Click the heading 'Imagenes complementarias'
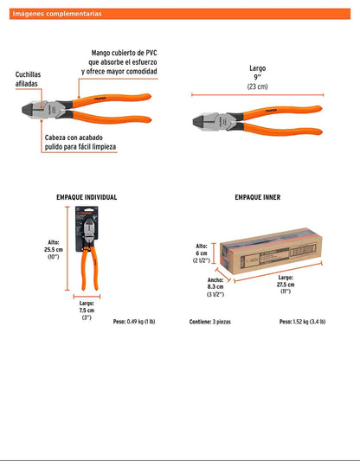57,14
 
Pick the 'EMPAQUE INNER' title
258,197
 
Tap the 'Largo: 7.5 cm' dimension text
86,308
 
